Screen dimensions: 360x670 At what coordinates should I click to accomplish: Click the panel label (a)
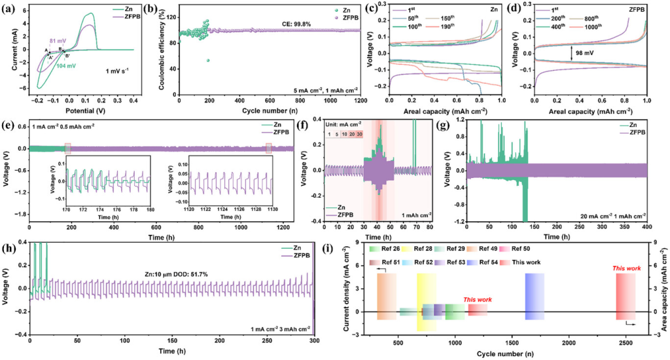pos(12,10)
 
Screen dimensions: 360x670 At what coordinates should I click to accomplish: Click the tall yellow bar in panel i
pos(426,302)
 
